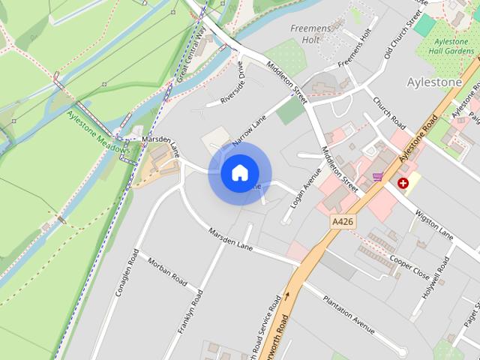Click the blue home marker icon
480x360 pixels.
click(239, 173)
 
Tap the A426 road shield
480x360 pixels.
click(342, 222)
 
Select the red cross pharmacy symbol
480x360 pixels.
click(403, 182)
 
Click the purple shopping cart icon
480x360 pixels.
click(377, 177)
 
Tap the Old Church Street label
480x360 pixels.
click(400, 34)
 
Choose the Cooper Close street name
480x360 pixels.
click(409, 267)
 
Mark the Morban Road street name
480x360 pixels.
click(167, 271)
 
